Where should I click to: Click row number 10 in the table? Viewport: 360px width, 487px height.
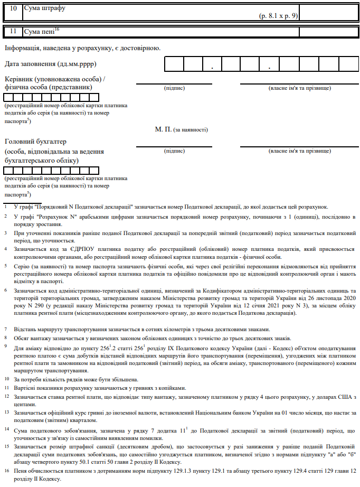13,9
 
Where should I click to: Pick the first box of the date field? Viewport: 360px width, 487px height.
174,63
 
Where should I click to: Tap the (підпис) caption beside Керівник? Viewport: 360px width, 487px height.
175,88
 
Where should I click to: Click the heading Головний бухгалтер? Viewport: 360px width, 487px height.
36,142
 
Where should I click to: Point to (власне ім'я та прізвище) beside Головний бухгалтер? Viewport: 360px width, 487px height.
300,151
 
